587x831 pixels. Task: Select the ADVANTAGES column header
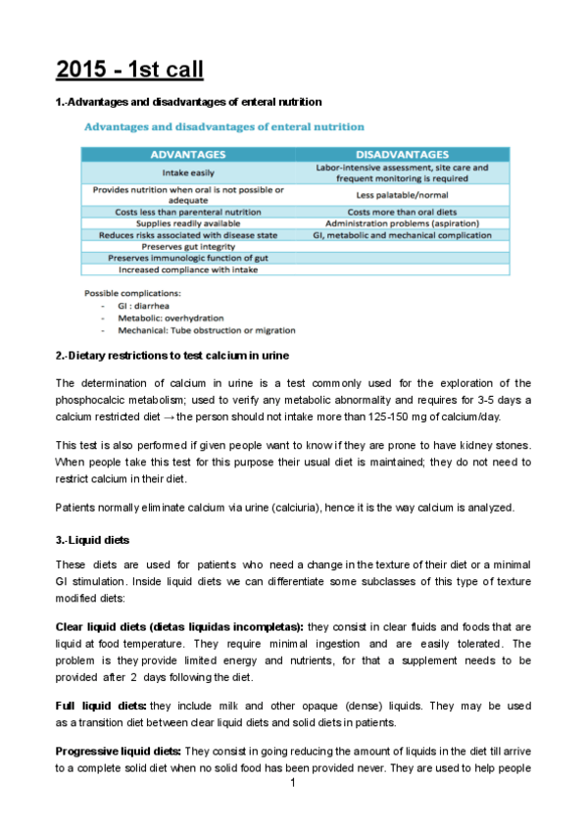[x=187, y=154]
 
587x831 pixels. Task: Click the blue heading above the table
[x=224, y=126]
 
